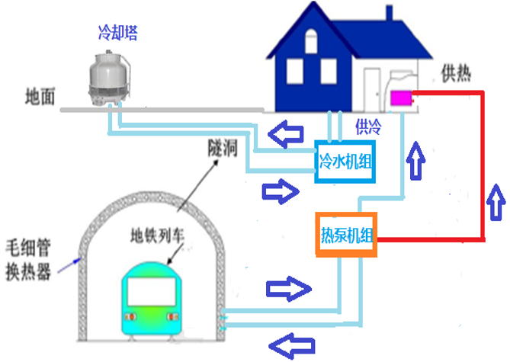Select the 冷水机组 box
[x=346, y=162]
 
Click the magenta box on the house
[x=400, y=98]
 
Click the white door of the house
[x=372, y=88]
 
